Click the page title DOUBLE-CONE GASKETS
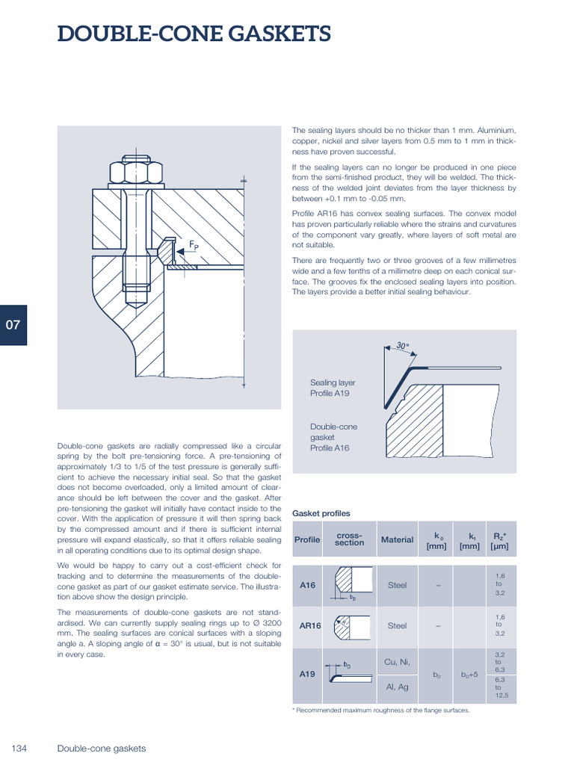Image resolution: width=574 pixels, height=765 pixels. click(x=194, y=34)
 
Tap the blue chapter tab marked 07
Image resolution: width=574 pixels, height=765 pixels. click(x=13, y=325)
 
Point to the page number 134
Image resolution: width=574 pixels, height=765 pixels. click(x=19, y=748)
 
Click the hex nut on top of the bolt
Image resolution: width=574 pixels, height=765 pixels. click(x=136, y=171)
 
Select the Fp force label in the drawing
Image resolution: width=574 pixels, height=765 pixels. click(x=194, y=245)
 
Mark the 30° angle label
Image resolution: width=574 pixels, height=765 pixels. click(x=403, y=347)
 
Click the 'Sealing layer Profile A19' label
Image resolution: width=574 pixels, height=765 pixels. click(x=333, y=388)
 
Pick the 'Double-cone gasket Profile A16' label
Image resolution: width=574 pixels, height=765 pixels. click(x=334, y=437)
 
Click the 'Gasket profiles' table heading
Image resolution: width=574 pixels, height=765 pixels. click(x=321, y=513)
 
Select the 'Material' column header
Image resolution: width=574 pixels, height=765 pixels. click(x=397, y=540)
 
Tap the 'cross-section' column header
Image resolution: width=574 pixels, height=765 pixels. click(x=349, y=539)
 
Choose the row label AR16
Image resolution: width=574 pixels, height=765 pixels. click(x=309, y=626)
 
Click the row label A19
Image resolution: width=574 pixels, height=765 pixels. click(x=308, y=673)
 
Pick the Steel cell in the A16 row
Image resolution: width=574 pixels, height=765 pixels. click(x=397, y=586)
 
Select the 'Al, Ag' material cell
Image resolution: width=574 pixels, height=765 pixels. click(x=397, y=687)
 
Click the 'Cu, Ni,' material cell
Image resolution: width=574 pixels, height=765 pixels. click(x=397, y=661)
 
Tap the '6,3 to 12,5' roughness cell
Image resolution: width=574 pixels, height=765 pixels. click(x=501, y=688)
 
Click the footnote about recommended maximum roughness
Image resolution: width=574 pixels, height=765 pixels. click(x=380, y=710)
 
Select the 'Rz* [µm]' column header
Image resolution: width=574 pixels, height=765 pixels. click(x=499, y=540)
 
